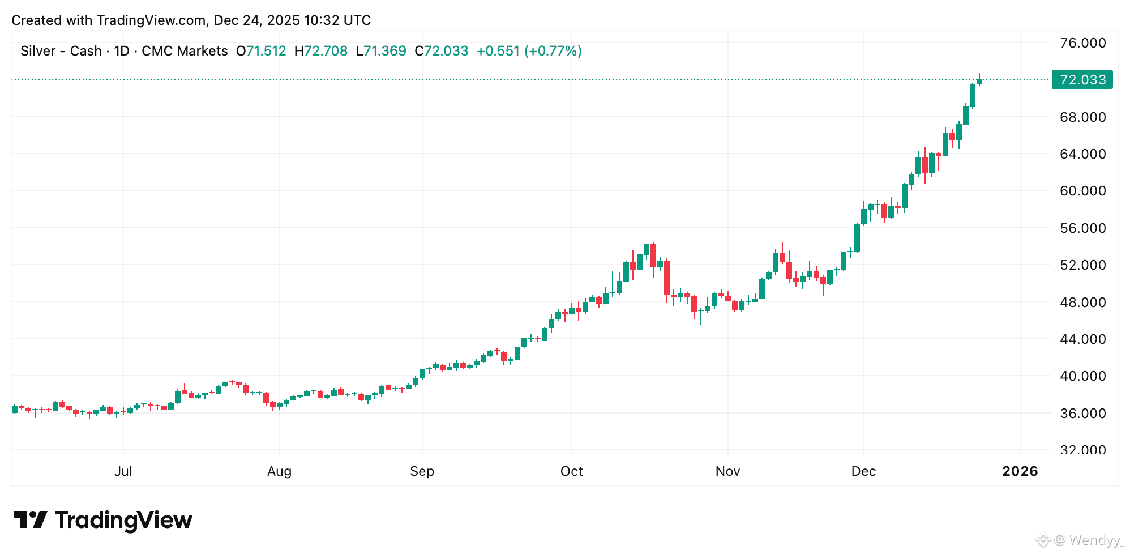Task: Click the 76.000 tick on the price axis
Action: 1082,43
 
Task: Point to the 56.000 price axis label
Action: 1082,228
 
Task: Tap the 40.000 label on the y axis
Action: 1082,376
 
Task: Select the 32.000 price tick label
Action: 1082,450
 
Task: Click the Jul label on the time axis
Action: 123,471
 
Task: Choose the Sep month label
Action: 422,471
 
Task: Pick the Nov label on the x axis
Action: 727,471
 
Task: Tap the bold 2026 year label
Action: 1020,471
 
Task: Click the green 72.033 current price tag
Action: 1082,80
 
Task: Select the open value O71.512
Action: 261,51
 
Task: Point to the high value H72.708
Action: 321,51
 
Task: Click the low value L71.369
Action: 381,51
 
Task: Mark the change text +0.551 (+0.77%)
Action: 529,51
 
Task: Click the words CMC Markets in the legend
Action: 185,51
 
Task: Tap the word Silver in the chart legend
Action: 38,51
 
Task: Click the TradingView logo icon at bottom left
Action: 30,519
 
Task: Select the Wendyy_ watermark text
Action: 1097,540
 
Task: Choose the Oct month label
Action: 571,471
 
